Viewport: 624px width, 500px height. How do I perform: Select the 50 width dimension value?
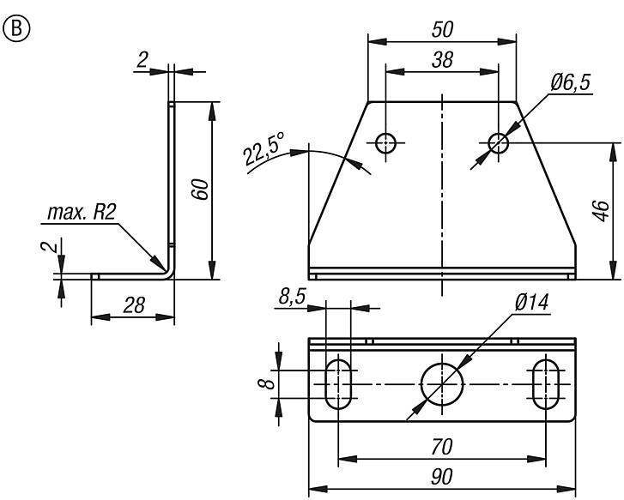(443, 29)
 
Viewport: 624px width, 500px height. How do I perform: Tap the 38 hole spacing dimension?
(443, 60)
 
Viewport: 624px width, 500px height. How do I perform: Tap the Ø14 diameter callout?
(532, 304)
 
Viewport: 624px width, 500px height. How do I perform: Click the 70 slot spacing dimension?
(443, 447)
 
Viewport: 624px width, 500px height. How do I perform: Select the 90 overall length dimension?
(443, 477)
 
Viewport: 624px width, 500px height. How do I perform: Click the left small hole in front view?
(386, 142)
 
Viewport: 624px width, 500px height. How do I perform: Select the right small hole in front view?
(499, 142)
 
